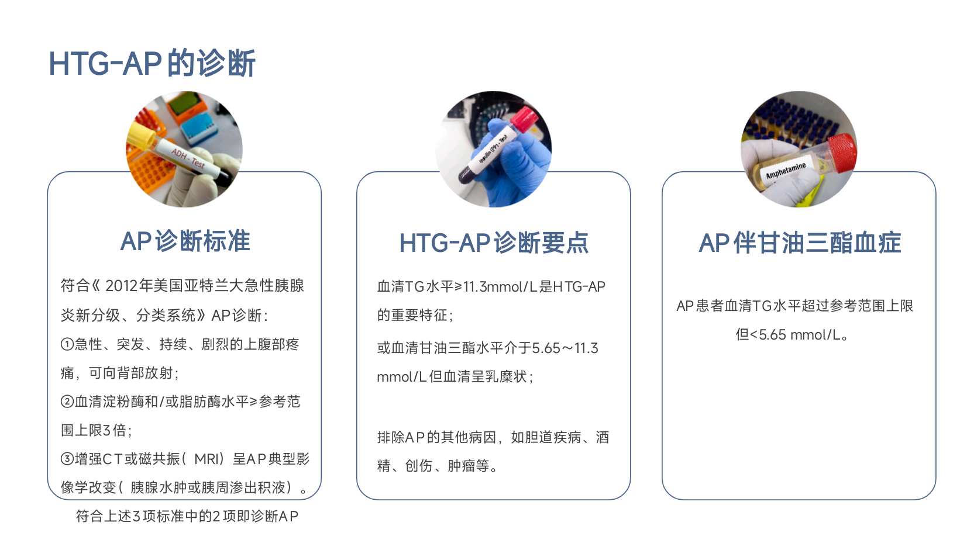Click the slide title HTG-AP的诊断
click(152, 63)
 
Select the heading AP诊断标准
click(185, 241)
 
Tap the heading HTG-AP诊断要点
click(494, 243)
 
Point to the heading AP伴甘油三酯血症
click(800, 243)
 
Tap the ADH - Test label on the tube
click(188, 158)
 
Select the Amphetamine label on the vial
click(786, 170)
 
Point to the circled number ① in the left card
click(67, 344)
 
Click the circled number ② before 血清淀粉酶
click(67, 402)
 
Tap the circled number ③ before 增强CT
click(67, 458)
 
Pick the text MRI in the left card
click(207, 459)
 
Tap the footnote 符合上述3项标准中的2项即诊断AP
click(187, 516)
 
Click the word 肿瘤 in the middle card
click(462, 466)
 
